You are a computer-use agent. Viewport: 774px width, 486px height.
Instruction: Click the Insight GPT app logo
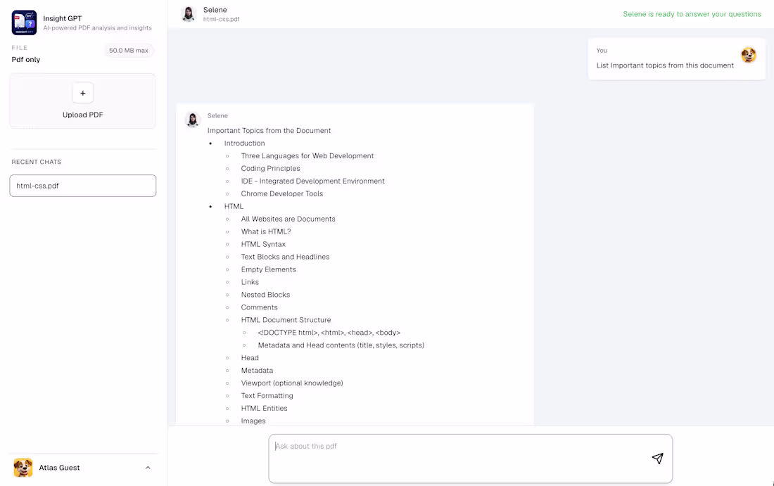coord(24,23)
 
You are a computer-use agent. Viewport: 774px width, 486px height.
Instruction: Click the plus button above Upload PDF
coord(83,93)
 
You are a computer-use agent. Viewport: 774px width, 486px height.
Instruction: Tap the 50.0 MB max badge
coord(128,51)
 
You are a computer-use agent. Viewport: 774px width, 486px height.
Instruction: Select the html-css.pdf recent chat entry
coord(83,186)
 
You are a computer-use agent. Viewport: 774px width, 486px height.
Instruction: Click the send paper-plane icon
coord(657,459)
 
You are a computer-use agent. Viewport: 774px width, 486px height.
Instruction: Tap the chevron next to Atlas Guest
coord(148,468)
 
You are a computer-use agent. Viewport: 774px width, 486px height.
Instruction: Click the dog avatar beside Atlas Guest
coord(23,468)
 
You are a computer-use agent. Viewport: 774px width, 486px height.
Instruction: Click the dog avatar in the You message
coord(749,55)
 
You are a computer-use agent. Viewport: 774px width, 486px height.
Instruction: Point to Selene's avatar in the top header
coord(189,14)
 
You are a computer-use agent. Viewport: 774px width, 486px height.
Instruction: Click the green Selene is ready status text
coord(692,14)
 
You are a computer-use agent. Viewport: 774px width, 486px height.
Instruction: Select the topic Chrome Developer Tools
coord(282,194)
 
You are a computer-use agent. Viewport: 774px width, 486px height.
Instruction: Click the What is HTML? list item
coord(266,231)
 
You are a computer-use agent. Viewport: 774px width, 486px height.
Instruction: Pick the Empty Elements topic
coord(269,269)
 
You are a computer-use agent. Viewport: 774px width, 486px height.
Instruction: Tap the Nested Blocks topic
coord(265,295)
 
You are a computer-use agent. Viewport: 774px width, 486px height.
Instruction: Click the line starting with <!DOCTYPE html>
coord(329,333)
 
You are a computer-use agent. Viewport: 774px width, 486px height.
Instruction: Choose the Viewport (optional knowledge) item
coord(292,383)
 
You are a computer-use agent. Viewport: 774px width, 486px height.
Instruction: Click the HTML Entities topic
coord(264,408)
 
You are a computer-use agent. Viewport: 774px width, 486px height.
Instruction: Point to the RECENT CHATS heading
coord(37,162)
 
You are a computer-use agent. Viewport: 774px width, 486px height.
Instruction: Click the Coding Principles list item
coord(270,168)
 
